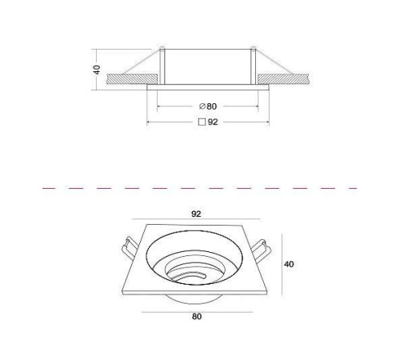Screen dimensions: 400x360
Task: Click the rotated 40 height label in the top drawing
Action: (x=98, y=70)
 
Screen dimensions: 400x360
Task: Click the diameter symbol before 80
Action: (x=202, y=106)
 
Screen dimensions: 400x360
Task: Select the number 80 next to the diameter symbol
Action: (x=211, y=106)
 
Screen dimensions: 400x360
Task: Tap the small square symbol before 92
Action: (x=202, y=122)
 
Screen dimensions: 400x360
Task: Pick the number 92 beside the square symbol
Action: (x=213, y=122)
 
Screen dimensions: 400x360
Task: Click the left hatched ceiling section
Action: (x=130, y=79)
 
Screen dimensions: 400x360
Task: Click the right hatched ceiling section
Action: (x=283, y=79)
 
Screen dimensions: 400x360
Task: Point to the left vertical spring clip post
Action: (x=162, y=66)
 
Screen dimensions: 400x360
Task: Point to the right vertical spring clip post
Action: (x=254, y=66)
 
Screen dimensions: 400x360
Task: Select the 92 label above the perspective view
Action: (x=196, y=214)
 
